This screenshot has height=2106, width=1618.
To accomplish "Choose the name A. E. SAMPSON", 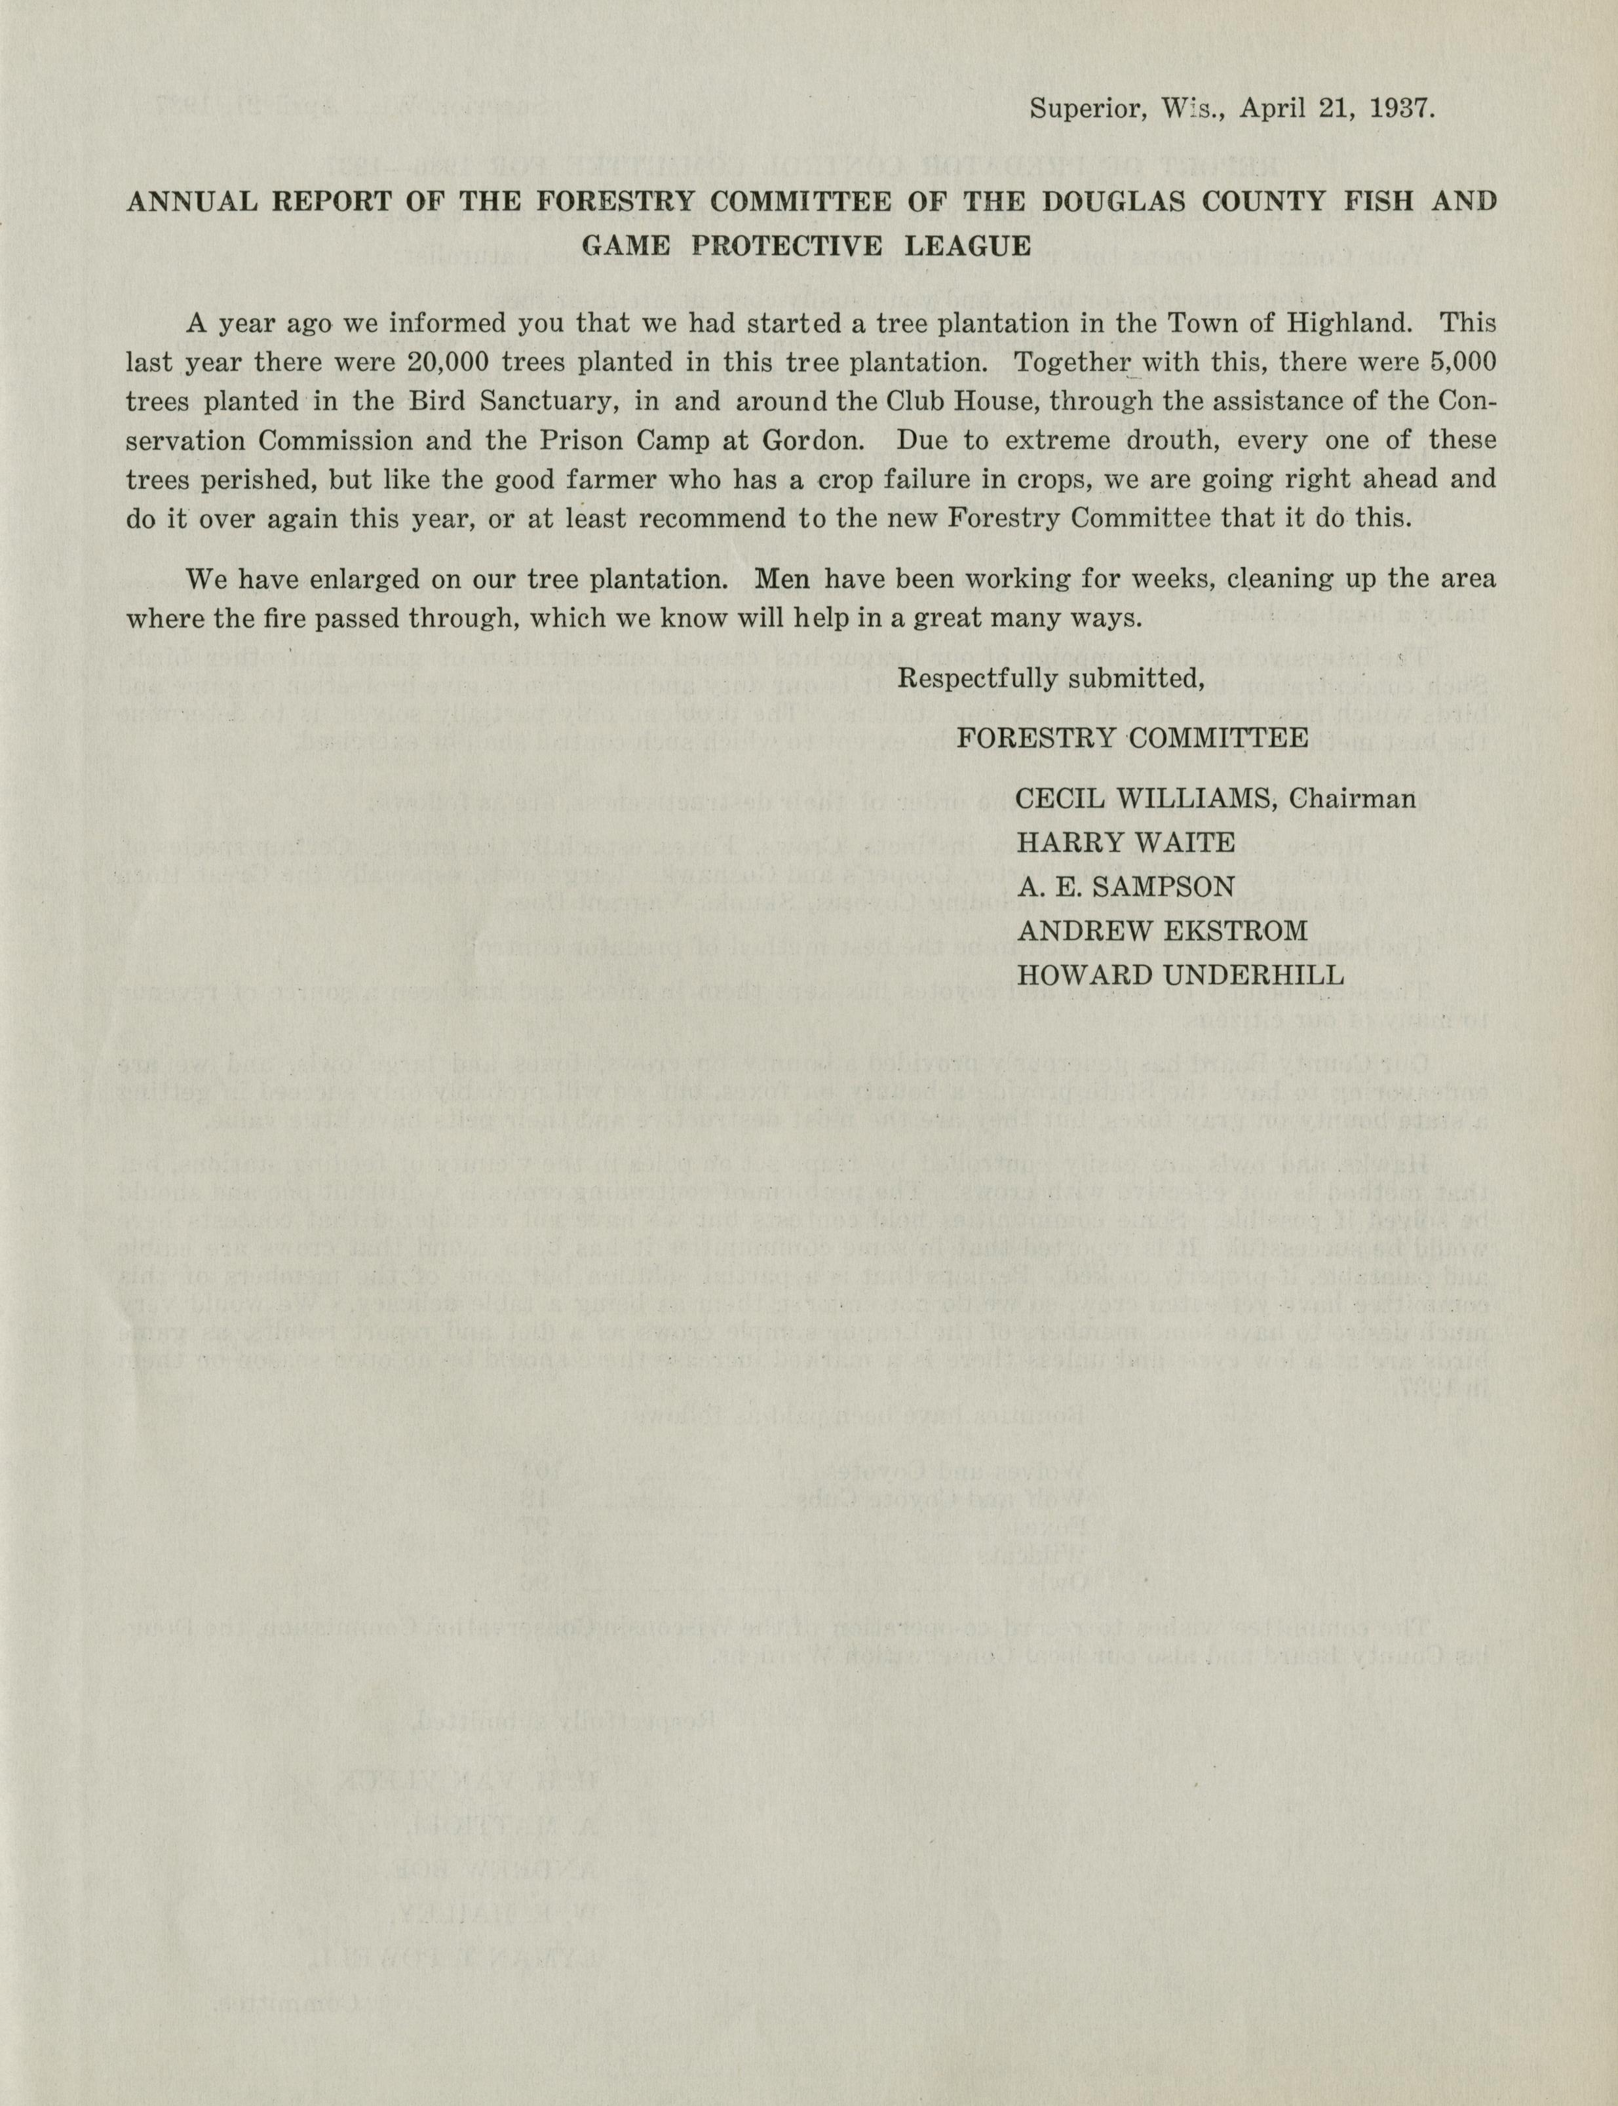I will tap(1125, 886).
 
